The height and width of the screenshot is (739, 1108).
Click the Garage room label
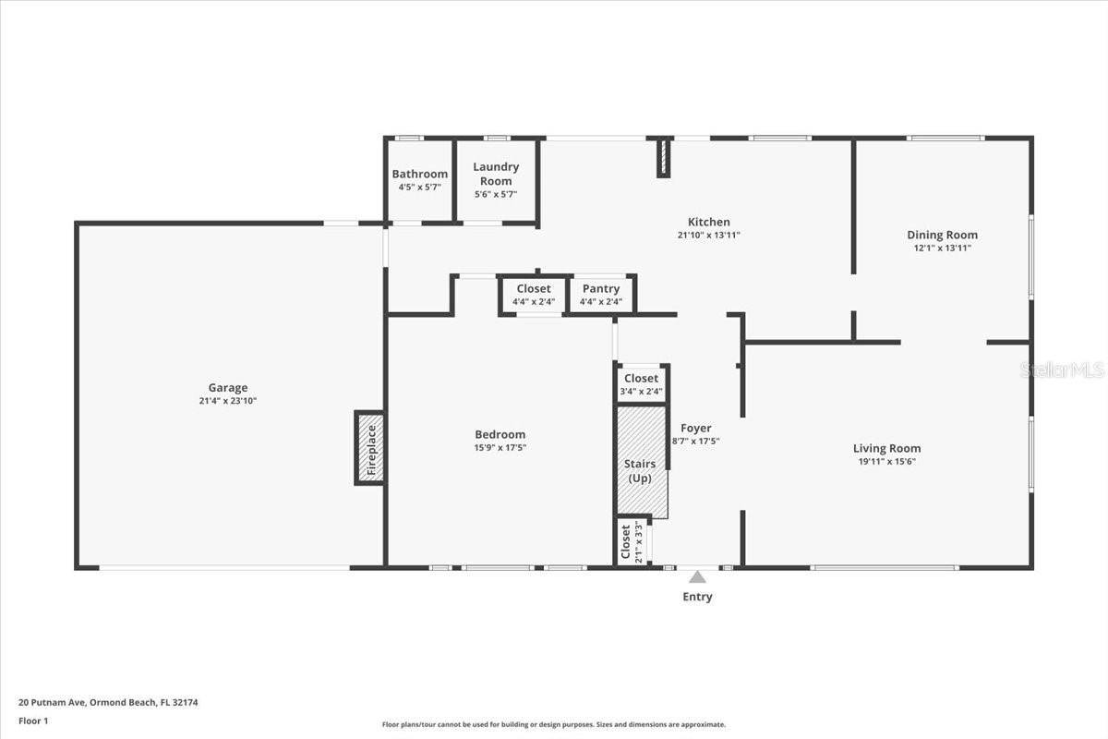227,388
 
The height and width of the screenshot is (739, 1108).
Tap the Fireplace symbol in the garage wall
370,448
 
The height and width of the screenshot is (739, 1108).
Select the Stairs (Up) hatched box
641,462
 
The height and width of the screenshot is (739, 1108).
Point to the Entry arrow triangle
697,576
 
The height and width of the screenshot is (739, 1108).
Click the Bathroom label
419,174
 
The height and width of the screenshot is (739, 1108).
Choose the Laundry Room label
496,174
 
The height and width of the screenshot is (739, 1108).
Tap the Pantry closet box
601,295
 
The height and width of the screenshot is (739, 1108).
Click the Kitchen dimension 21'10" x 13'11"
708,236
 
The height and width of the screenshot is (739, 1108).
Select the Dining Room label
942,235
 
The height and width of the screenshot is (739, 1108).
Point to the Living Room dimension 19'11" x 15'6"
886,462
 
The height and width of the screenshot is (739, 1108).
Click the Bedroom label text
500,434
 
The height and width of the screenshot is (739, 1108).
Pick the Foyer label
695,428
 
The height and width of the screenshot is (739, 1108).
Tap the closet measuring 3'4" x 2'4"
641,384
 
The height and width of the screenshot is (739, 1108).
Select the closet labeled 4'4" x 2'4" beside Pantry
534,295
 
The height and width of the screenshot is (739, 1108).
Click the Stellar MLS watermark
1062,370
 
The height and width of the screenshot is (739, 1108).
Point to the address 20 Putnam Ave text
108,702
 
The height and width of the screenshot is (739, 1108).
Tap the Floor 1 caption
33,721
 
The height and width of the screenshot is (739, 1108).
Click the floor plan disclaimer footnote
554,725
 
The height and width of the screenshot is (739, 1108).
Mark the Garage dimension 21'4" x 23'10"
227,401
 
